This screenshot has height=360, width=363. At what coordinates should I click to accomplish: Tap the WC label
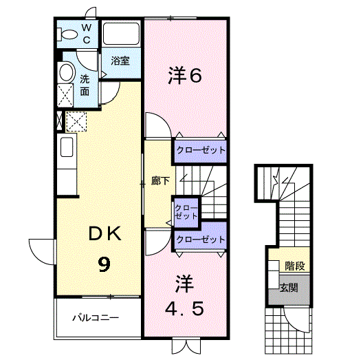coord(87,34)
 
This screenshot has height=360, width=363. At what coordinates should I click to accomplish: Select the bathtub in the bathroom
coord(121,34)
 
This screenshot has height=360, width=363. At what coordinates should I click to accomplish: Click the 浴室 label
coord(120,61)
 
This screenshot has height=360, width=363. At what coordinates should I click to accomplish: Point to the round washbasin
coord(67,72)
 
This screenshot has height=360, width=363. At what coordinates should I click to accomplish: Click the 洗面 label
coord(85,85)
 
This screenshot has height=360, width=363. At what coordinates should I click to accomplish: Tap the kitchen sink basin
coord(67,147)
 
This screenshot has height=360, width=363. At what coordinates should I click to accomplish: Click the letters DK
coord(105,233)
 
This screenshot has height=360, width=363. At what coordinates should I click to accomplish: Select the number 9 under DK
coord(104,265)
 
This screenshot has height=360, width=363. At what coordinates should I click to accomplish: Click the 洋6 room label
coord(185,75)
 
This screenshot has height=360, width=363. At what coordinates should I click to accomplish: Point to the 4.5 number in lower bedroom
coord(185,308)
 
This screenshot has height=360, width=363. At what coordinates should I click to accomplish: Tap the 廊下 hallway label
coord(161,181)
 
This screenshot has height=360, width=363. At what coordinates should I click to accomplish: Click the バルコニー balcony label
coord(96,317)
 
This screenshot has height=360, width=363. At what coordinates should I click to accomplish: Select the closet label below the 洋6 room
coord(201,150)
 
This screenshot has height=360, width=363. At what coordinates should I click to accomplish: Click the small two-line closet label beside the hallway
coord(186,212)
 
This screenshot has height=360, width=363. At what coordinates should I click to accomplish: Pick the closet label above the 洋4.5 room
coord(201,240)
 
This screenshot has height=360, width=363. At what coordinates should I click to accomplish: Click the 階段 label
coord(294,266)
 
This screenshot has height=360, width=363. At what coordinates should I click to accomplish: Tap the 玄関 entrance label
coord(289,288)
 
